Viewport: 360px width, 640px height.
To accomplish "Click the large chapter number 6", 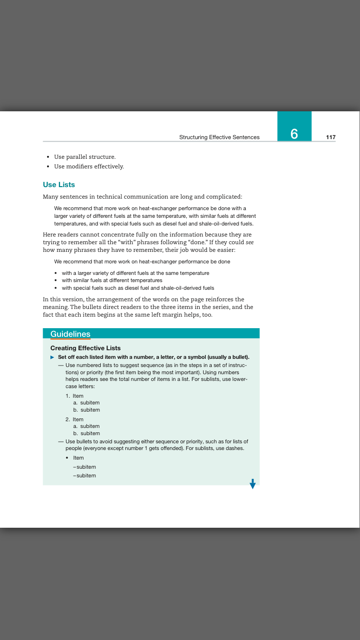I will point(294,134).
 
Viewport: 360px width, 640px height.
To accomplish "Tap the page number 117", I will point(331,137).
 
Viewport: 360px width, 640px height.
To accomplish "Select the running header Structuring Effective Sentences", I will point(219,137).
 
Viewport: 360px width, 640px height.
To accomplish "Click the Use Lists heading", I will point(59,185).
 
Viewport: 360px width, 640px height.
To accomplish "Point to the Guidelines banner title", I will point(70,334).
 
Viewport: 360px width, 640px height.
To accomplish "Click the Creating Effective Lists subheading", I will point(85,348).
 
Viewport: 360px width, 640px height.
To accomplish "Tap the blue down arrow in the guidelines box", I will point(252,484).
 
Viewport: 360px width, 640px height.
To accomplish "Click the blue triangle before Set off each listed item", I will point(52,357).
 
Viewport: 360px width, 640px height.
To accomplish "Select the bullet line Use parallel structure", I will point(84,157).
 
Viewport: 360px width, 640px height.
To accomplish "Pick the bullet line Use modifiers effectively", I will point(89,166).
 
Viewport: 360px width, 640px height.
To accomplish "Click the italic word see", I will point(249,242).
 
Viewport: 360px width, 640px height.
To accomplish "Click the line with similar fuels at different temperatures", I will point(112,280).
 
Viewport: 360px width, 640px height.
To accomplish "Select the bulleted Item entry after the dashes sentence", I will point(78,458).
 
